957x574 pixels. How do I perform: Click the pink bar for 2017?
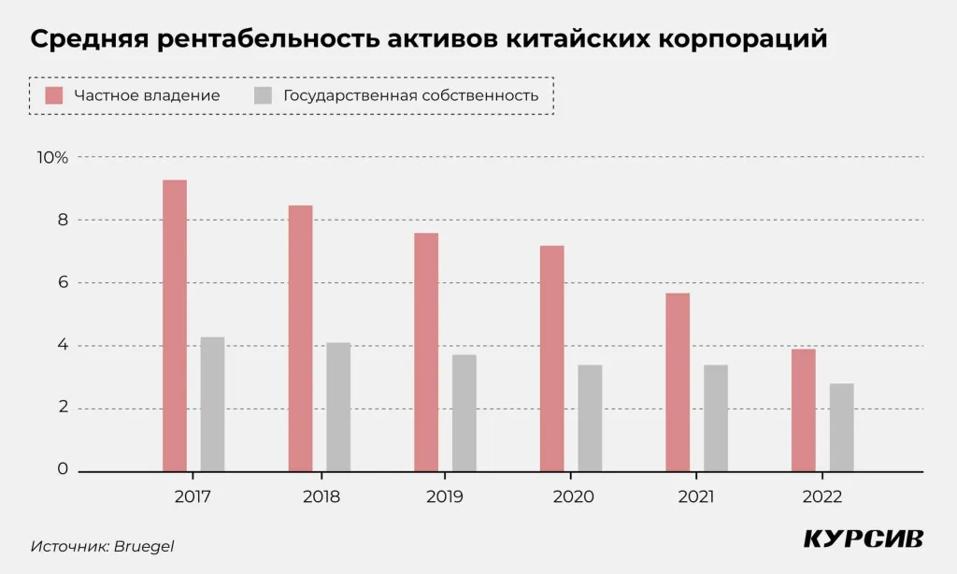pos(175,325)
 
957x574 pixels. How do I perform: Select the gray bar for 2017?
pos(212,404)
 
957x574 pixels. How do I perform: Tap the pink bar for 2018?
pos(300,337)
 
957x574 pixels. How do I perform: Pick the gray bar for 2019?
pos(464,412)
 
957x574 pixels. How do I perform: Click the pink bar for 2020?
pos(552,358)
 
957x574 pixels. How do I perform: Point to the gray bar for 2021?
pos(716,418)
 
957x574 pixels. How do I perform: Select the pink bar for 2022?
pos(804,409)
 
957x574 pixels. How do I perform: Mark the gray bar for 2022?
pos(841,427)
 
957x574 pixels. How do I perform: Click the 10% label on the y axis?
pos(52,158)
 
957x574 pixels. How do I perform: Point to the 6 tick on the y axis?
pos(63,283)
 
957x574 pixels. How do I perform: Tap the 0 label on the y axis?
pos(63,469)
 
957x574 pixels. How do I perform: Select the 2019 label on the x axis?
pos(445,496)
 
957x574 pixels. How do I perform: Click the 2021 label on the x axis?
pos(696,496)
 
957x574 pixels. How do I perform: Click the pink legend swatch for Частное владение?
pos(54,95)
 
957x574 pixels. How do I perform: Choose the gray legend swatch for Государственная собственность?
pos(264,95)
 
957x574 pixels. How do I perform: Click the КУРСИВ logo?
pos(864,539)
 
